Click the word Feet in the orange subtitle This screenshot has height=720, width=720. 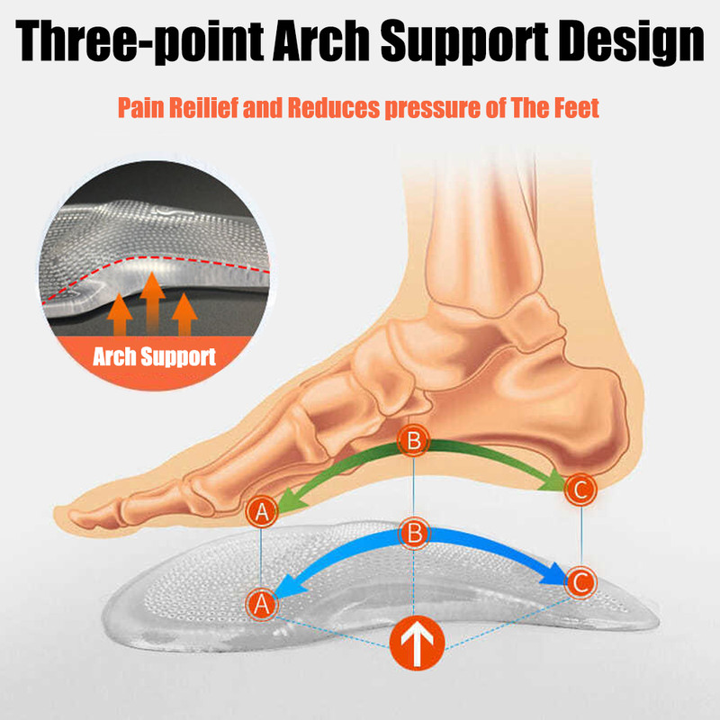[x=573, y=109]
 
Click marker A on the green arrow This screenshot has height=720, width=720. [x=262, y=512]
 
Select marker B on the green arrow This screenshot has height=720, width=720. [x=414, y=441]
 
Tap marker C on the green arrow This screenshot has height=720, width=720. [x=579, y=490]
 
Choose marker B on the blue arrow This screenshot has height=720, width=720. [x=414, y=532]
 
